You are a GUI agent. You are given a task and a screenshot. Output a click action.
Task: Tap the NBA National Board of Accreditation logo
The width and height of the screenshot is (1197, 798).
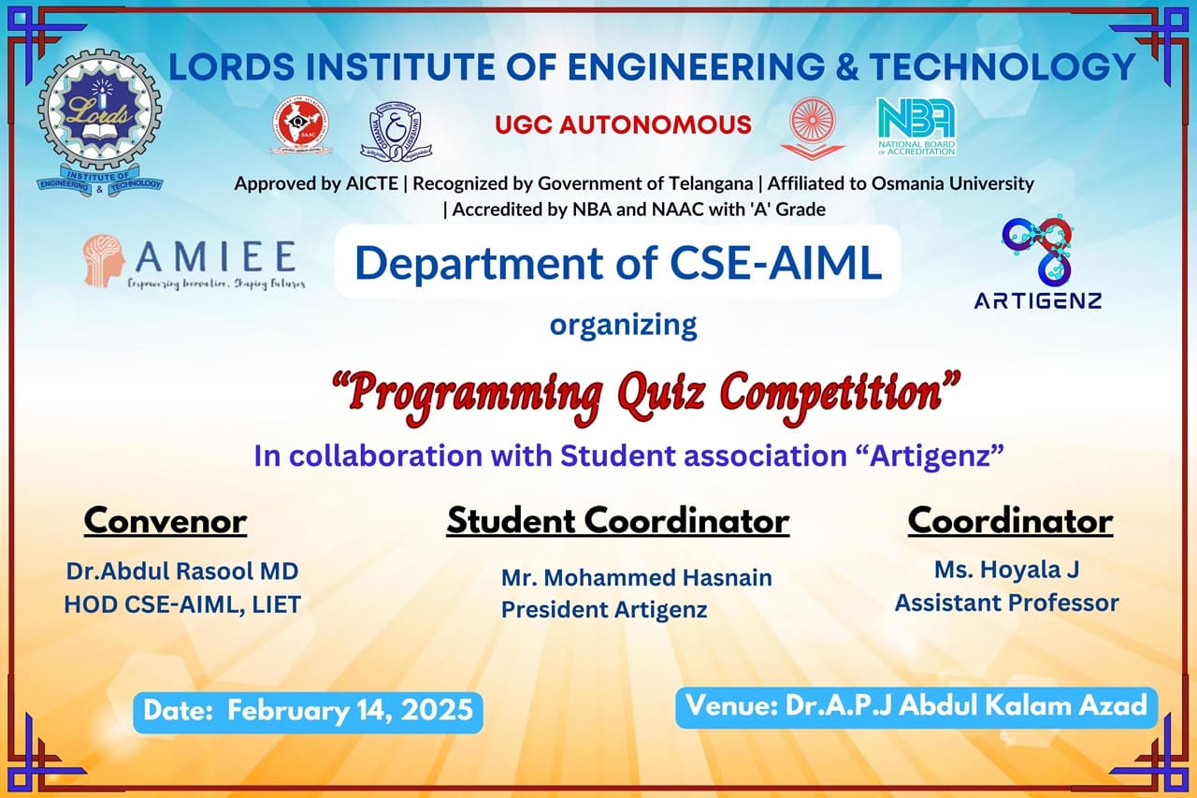click(x=916, y=126)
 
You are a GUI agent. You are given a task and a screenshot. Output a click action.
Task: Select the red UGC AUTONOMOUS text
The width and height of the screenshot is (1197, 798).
click(x=623, y=124)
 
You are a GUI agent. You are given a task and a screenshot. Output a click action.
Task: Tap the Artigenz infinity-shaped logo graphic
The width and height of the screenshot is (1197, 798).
click(x=1037, y=250)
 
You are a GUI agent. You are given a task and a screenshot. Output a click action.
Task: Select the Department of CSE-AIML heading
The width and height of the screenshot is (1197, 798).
click(x=618, y=263)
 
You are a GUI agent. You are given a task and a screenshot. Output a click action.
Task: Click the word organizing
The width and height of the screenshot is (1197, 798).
click(x=623, y=325)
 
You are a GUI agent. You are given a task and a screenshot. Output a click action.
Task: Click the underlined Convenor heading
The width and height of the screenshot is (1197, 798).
click(x=166, y=521)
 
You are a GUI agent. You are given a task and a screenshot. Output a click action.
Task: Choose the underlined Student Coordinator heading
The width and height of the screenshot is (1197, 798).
click(x=617, y=521)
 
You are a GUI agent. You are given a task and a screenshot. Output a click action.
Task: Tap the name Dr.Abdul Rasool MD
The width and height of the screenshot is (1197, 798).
click(x=182, y=571)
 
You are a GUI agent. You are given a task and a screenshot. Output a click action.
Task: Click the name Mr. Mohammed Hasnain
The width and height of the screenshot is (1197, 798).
click(x=636, y=578)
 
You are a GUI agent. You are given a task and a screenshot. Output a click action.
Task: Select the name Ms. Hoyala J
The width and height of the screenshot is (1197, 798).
click(x=1006, y=569)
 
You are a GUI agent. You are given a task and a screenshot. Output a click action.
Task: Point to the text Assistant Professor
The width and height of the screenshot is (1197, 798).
click(x=1006, y=603)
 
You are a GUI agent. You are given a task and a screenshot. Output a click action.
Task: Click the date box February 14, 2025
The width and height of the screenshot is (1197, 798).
click(x=308, y=711)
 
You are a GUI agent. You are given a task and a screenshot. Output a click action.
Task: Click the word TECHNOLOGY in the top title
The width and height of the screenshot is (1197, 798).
click(x=1002, y=66)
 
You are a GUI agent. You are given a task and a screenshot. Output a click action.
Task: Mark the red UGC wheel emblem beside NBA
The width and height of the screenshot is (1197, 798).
click(x=812, y=126)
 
